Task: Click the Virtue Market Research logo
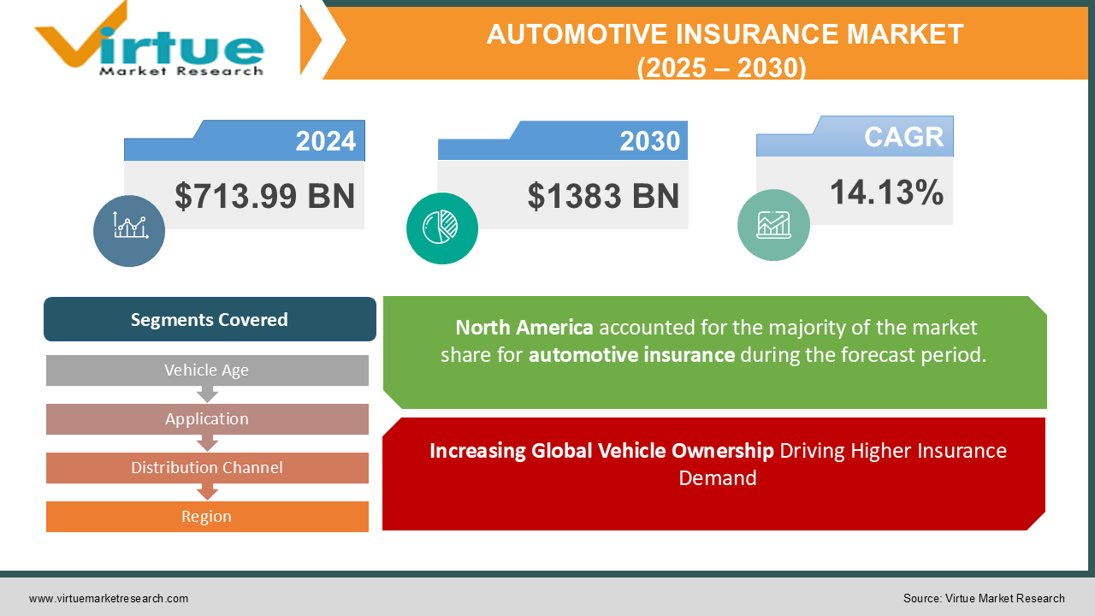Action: pos(150,41)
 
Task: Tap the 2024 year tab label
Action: pos(325,141)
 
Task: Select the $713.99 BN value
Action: pos(264,196)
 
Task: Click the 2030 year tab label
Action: pos(649,141)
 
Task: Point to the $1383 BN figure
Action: pos(603,196)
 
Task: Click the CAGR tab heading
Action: pos(903,137)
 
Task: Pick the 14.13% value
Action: pos(886,192)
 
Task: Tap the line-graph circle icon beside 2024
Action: pos(129,230)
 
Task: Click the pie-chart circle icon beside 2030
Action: pos(441,228)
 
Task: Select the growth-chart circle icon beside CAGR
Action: pos(773,225)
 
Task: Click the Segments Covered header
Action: pos(210,320)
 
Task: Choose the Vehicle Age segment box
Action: pos(207,370)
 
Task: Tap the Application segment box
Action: pos(207,419)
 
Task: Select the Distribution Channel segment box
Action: pos(207,468)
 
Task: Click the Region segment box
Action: pos(207,517)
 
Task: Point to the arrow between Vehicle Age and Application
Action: pos(207,394)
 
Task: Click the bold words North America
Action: pos(524,328)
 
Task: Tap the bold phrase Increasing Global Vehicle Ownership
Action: pos(601,451)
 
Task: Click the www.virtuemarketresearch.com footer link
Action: pos(109,599)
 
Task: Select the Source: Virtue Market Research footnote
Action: pos(984,599)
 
